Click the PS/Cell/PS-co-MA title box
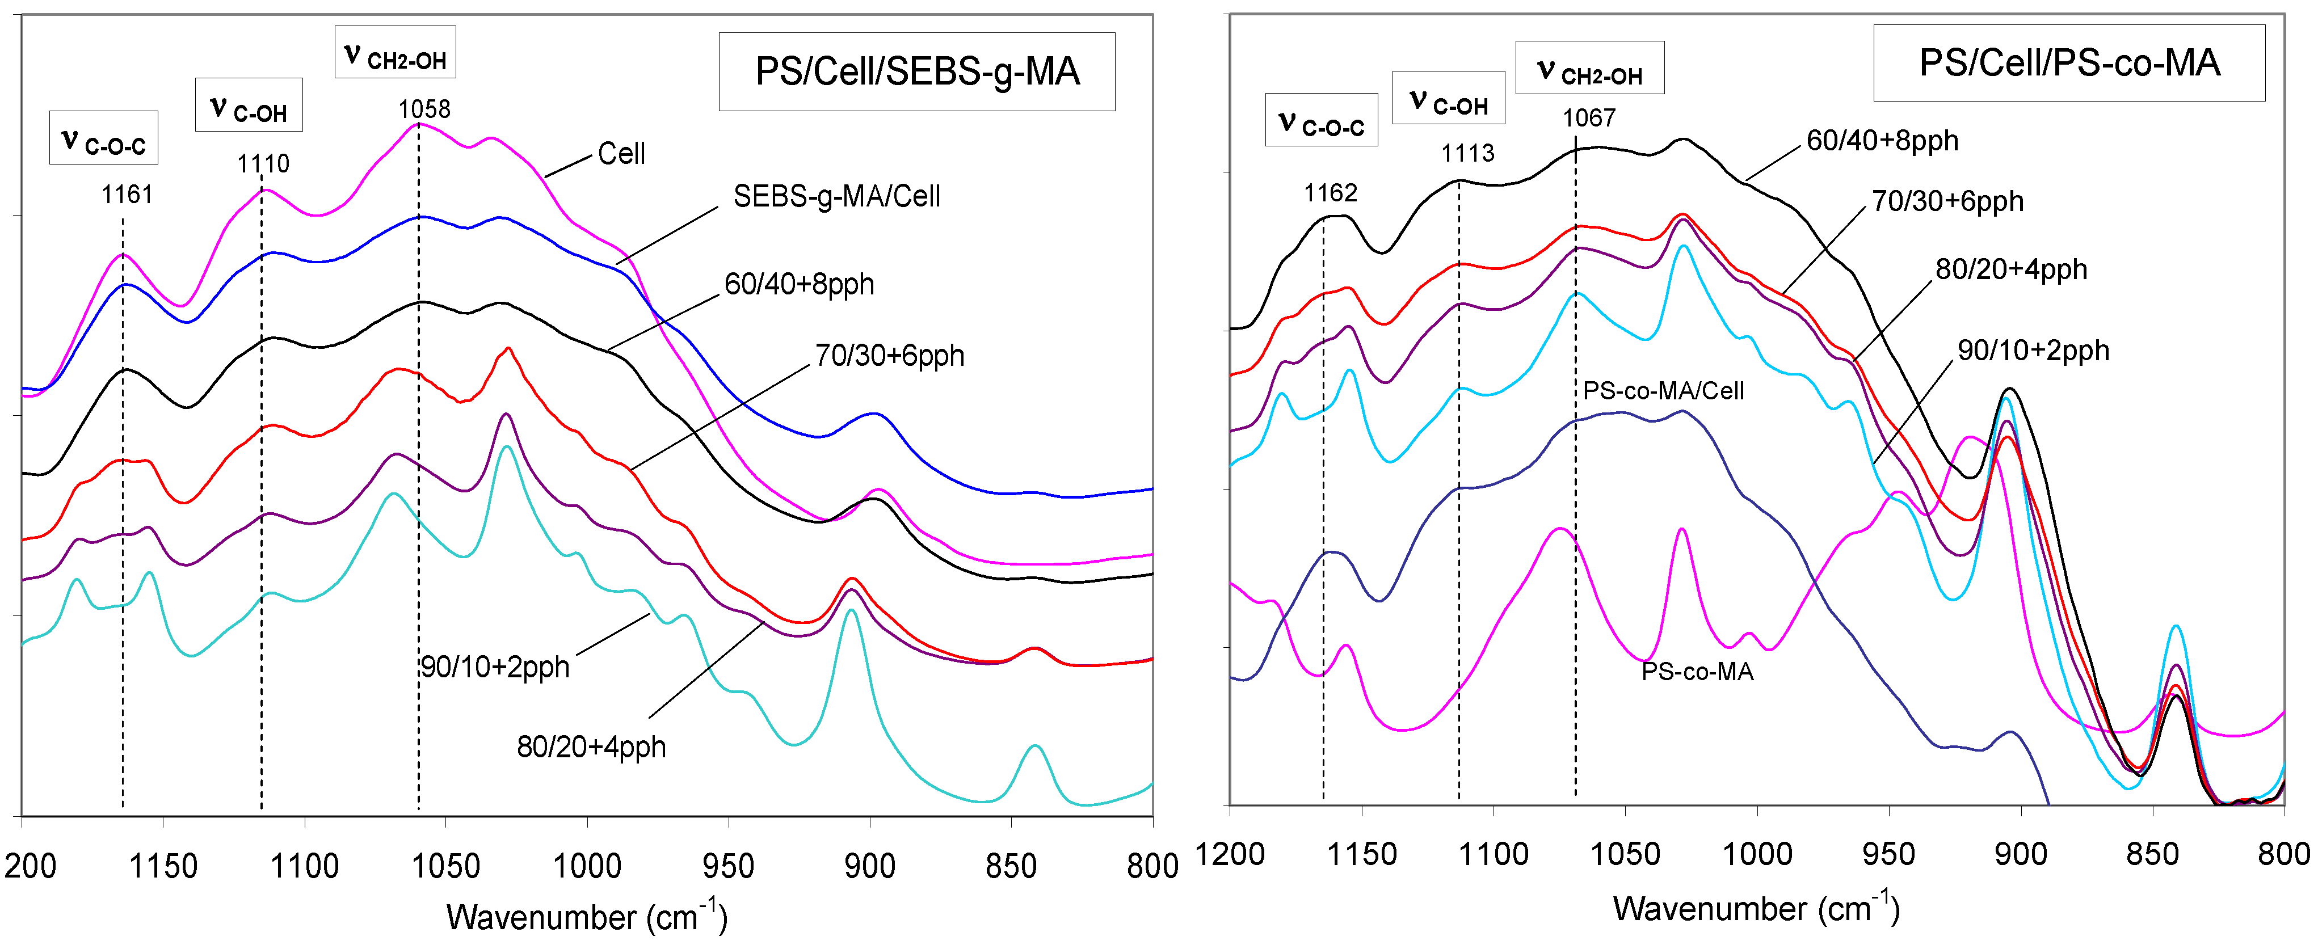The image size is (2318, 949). pos(2069,63)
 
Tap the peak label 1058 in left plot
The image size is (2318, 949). pos(424,109)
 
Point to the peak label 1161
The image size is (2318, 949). pos(127,195)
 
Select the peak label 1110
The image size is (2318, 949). pos(263,164)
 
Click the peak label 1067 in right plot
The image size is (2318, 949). pos(1588,118)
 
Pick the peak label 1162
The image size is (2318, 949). pos(1330,192)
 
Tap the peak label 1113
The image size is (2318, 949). pos(1467,153)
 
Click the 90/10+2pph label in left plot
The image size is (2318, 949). pos(495,668)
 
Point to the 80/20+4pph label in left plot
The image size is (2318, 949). pos(591,746)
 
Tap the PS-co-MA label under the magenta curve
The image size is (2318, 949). pos(1697,672)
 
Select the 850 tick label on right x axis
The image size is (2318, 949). pos(2152,854)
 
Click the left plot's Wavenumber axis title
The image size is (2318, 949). pos(587,917)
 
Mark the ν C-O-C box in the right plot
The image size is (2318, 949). pos(1321,120)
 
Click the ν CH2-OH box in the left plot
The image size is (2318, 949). pos(395,52)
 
